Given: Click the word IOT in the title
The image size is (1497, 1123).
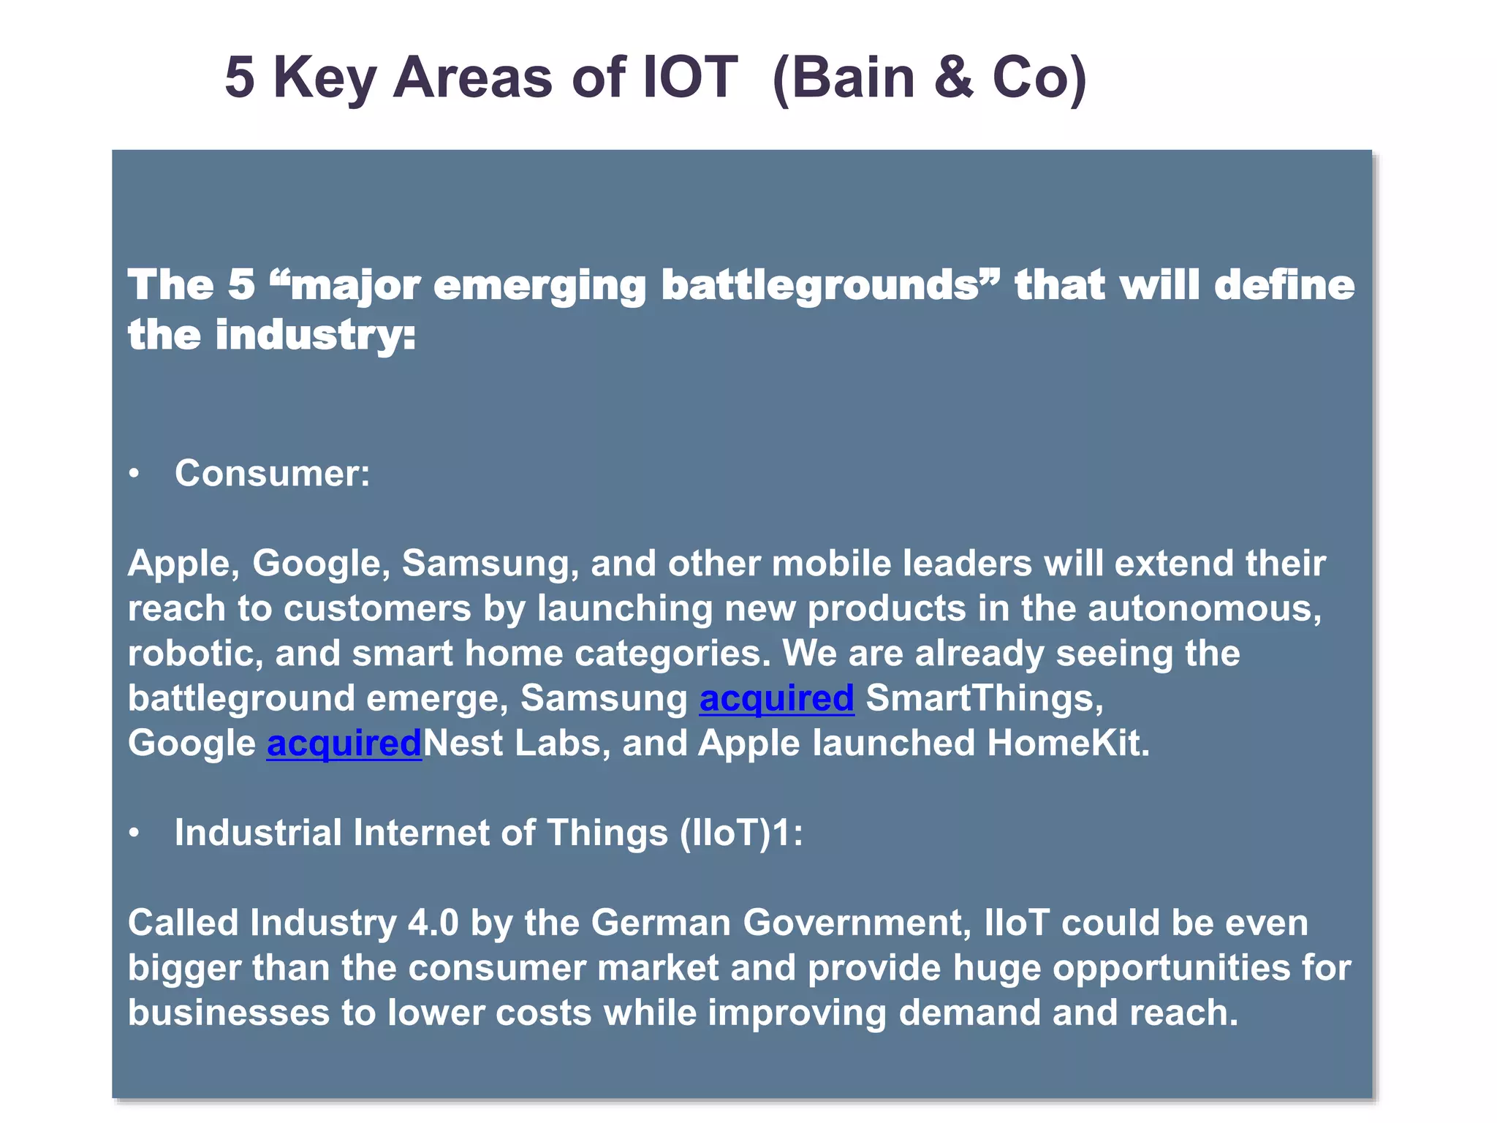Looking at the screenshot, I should click(689, 77).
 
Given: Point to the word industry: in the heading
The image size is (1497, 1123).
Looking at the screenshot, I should click(315, 336).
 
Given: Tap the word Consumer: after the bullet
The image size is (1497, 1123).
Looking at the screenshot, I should click(272, 474).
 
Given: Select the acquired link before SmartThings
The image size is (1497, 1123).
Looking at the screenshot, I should click(776, 698).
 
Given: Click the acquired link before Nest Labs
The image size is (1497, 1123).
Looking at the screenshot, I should click(344, 744).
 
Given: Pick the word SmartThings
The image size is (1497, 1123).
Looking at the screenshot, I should click(984, 698).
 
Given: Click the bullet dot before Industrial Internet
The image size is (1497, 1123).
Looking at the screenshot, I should click(134, 833).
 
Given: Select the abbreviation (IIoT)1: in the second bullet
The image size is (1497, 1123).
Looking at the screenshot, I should click(740, 833).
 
